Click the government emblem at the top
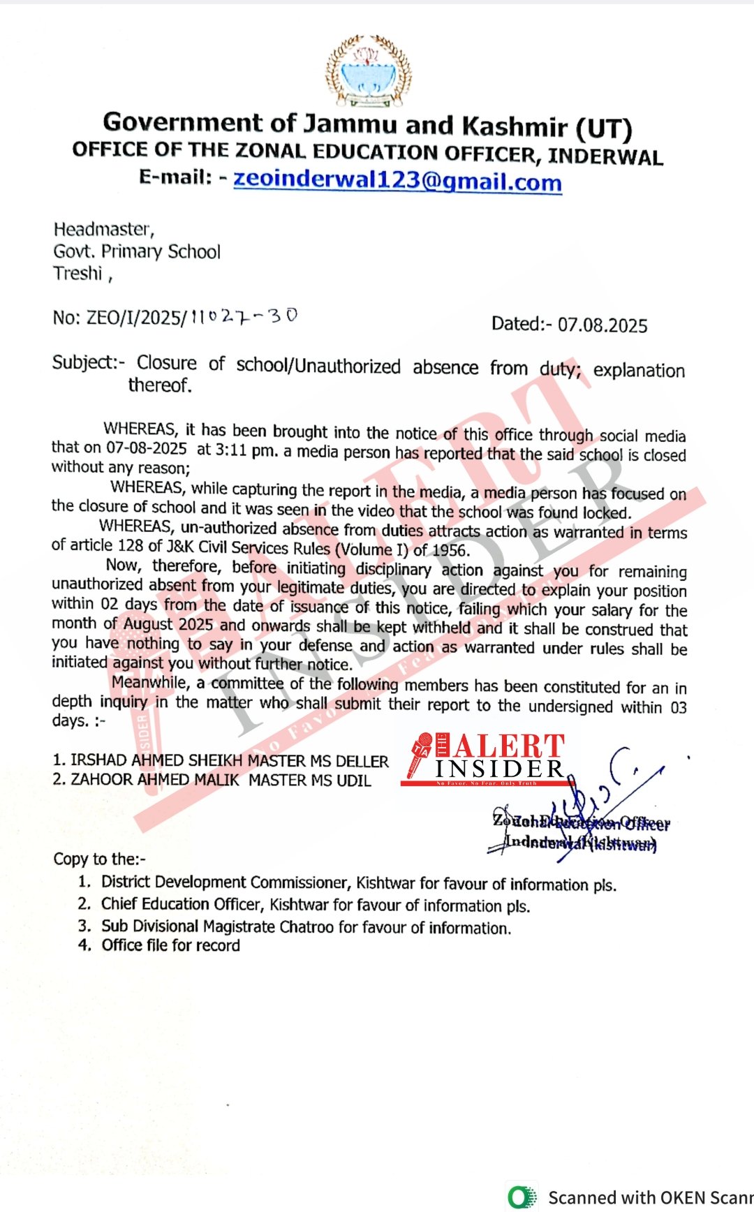368,71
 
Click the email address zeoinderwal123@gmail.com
397,180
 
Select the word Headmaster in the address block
103,229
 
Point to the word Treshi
77,273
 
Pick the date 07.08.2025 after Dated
603,325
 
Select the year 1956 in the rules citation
449,550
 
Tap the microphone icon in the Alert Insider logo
420,754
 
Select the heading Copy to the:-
99,859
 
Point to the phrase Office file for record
170,945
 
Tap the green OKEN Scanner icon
521,1197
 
